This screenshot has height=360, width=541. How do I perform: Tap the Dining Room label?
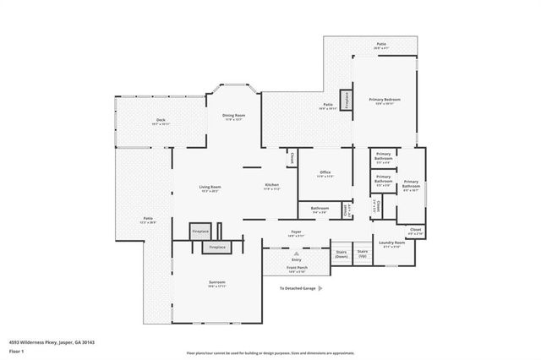pos(233,117)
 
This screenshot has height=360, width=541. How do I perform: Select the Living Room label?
pos(210,188)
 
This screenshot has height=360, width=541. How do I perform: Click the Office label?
pos(325,174)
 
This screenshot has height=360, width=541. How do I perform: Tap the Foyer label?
pos(296,232)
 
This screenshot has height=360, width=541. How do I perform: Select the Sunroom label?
pos(217,283)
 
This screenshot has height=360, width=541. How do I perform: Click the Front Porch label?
pos(296,269)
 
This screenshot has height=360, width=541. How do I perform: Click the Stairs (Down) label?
pos(342,254)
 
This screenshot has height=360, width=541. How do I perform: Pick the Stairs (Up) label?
pos(363,253)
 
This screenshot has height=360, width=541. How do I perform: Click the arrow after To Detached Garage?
pos(323,288)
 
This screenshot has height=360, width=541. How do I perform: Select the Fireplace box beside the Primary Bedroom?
pos(345,98)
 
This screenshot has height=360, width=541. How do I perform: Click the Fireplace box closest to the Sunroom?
pos(217,248)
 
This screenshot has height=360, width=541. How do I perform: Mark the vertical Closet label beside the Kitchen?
pos(291,156)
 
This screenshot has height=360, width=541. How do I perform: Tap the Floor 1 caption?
pos(15,351)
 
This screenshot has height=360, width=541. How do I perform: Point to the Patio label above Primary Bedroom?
pos(381,45)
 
